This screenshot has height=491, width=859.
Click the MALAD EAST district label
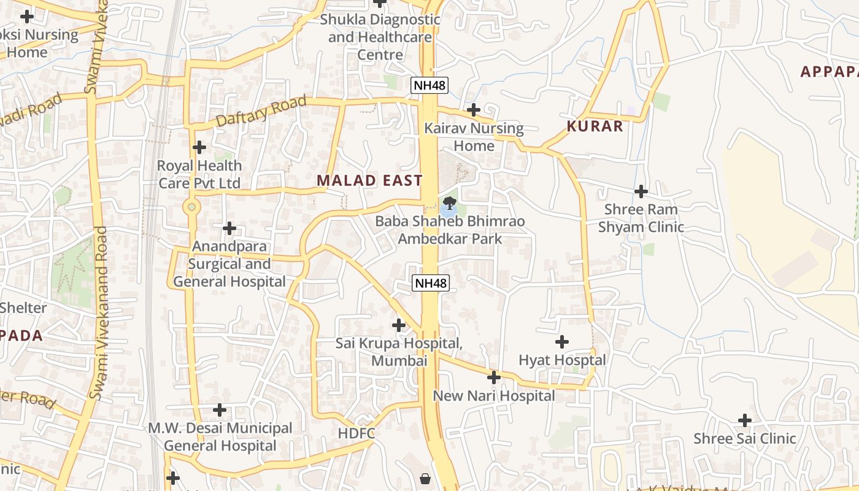(x=369, y=180)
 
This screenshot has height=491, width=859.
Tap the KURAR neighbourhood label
(x=595, y=126)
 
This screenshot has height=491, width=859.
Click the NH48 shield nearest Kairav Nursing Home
(x=429, y=85)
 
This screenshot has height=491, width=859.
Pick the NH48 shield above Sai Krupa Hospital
(x=430, y=283)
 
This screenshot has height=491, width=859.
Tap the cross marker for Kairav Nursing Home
(x=474, y=110)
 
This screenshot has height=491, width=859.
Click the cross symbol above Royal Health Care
(x=199, y=147)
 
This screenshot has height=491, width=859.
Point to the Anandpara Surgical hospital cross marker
(x=229, y=228)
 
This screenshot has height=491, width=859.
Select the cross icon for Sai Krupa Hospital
(x=399, y=325)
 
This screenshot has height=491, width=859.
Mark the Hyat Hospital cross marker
(x=562, y=342)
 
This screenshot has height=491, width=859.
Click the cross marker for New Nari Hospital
(x=494, y=377)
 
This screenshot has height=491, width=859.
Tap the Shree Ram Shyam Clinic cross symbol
(x=641, y=191)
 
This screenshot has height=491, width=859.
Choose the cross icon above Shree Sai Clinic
(x=745, y=420)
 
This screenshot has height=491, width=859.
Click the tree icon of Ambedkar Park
(x=450, y=203)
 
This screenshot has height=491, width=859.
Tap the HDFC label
(x=356, y=433)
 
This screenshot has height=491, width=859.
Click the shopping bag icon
(x=425, y=478)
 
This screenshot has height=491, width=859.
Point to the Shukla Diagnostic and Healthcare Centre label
(x=380, y=37)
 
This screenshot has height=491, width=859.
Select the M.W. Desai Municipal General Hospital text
(x=220, y=437)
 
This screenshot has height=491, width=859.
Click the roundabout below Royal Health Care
(x=192, y=207)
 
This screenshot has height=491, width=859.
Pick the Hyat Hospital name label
(x=562, y=360)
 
